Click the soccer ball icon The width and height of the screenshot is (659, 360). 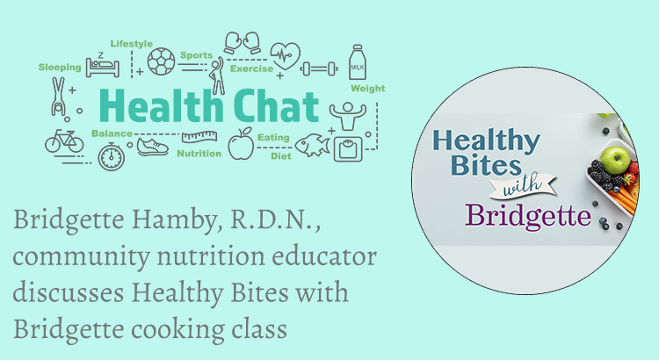[x=162, y=61]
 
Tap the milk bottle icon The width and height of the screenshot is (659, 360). [x=358, y=62]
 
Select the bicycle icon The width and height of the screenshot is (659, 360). [x=64, y=141]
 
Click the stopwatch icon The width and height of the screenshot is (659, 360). [x=112, y=156]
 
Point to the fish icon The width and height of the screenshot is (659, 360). [x=313, y=146]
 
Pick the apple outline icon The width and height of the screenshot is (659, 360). [x=241, y=144]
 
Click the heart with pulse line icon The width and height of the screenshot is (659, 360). [x=286, y=55]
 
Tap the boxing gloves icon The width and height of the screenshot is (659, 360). [x=243, y=42]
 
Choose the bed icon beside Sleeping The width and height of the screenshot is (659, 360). [x=103, y=66]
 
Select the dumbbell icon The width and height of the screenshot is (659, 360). [x=320, y=68]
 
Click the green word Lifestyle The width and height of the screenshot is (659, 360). [x=132, y=44]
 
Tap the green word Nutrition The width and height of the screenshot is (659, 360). [x=199, y=154]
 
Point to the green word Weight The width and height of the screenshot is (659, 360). [x=368, y=88]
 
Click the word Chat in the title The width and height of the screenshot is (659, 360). [x=276, y=105]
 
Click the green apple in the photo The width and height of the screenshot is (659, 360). [x=615, y=160]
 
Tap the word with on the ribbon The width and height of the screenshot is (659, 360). [x=523, y=185]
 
